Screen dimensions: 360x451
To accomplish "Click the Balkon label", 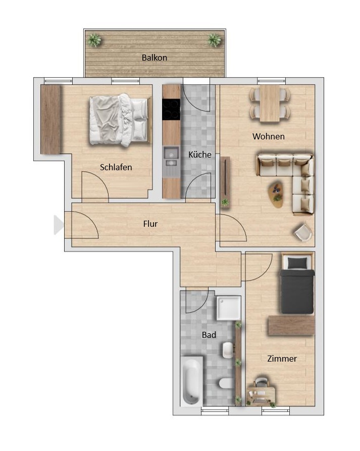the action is (155, 58).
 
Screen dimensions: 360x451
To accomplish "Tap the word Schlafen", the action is (116, 167).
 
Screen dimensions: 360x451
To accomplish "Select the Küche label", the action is (200, 155).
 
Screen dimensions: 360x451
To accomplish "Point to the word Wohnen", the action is (269, 136).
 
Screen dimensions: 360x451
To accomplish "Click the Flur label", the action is (150, 224).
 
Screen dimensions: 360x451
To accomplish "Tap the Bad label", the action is (209, 335).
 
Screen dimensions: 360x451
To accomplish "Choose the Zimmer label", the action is (282, 359).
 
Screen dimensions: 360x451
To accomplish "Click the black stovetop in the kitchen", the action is (171, 109).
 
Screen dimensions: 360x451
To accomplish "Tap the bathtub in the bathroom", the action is (191, 381).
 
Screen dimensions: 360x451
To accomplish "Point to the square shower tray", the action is (229, 308).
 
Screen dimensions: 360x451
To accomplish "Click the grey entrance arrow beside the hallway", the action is (59, 225).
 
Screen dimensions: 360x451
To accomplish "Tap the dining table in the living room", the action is (270, 104).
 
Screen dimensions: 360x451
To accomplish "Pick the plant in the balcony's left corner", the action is (94, 40).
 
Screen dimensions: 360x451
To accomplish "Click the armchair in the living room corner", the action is (303, 231).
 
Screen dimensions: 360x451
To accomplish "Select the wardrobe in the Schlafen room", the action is (50, 119).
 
